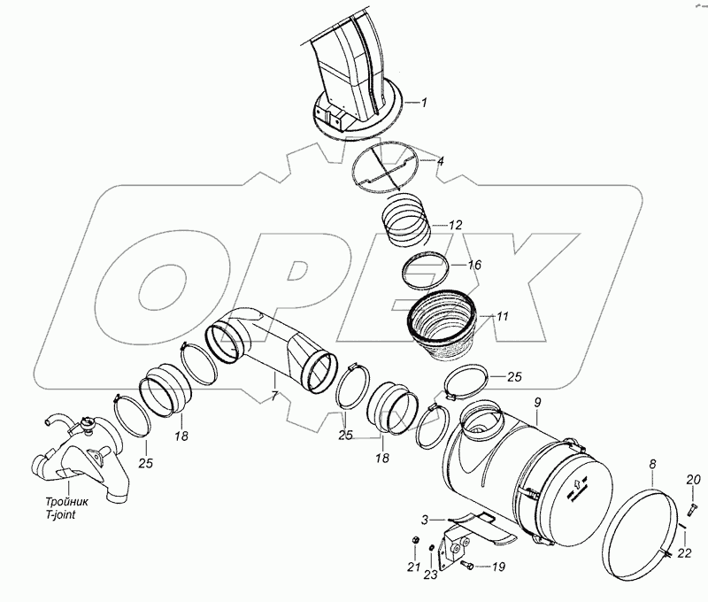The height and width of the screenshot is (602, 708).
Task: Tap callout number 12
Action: [x=456, y=226]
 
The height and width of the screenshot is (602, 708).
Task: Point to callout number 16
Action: [x=474, y=264]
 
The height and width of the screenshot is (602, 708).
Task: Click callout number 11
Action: [x=501, y=315]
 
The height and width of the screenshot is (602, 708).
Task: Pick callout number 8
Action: [x=652, y=463]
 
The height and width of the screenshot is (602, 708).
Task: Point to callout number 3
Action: [x=426, y=519]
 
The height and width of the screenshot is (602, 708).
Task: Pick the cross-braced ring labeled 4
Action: [x=385, y=172]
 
